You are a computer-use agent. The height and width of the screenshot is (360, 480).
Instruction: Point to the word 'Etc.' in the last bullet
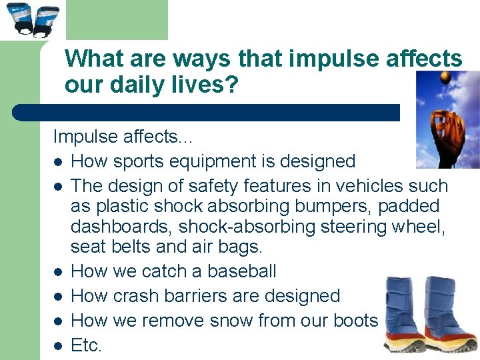tap(87, 345)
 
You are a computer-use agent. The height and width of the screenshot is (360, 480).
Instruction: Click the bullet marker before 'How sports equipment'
tap(59, 162)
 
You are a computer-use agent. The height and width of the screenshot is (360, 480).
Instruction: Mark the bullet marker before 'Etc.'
tap(59, 346)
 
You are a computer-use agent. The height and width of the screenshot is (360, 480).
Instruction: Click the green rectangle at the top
tap(117, 19)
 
